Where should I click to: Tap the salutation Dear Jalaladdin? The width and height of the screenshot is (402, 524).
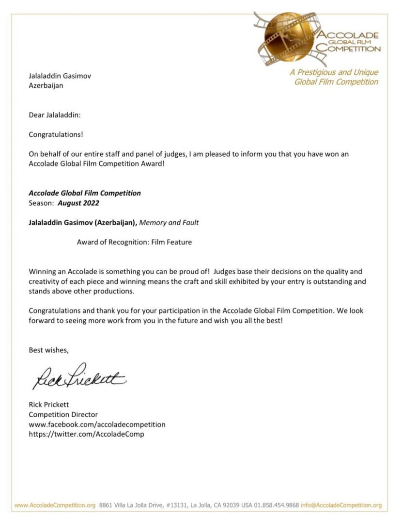[55, 115]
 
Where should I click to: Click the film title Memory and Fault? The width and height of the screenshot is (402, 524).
[169, 223]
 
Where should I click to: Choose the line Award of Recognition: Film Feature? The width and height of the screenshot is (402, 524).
[134, 242]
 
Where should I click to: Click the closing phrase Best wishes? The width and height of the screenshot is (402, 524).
[48, 350]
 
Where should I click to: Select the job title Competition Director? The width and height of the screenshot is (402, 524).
[63, 414]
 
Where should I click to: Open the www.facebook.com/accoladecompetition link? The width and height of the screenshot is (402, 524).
[97, 424]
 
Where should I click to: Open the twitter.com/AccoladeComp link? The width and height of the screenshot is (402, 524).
[86, 434]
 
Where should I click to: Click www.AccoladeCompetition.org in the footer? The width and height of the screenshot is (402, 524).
[55, 505]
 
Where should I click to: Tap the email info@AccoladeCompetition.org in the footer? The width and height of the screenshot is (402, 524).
[341, 505]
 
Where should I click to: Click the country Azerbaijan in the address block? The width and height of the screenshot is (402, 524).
[46, 85]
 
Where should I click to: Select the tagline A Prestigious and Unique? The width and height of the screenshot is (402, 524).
[334, 72]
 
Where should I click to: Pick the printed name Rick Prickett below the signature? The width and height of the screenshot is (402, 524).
[49, 405]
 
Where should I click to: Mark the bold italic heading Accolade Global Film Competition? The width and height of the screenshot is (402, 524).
[85, 193]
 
